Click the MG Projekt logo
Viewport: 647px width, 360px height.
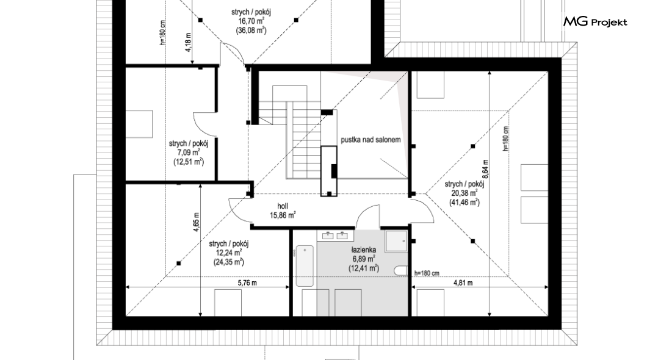[x=595, y=22]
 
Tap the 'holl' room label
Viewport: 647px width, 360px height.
[x=283, y=206]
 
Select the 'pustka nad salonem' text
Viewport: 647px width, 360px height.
[x=370, y=140]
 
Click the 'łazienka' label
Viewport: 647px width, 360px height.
[x=364, y=250]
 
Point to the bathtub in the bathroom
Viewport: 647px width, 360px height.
[x=305, y=266]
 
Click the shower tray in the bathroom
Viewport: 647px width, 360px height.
[x=396, y=241]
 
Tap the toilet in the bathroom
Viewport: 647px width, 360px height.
[x=400, y=271]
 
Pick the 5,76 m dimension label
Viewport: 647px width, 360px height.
[x=247, y=283]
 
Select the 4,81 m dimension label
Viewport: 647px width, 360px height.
[x=463, y=283]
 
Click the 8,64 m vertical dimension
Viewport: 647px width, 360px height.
[x=485, y=169]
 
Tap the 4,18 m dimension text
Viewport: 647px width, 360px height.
[x=188, y=43]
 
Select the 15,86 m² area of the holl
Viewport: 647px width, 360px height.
[x=283, y=215]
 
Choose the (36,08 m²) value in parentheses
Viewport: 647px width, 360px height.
[x=251, y=30]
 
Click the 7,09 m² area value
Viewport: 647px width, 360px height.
[x=189, y=153]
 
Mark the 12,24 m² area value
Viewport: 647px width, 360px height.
[x=229, y=253]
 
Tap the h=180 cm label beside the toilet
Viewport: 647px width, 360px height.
[x=427, y=273]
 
